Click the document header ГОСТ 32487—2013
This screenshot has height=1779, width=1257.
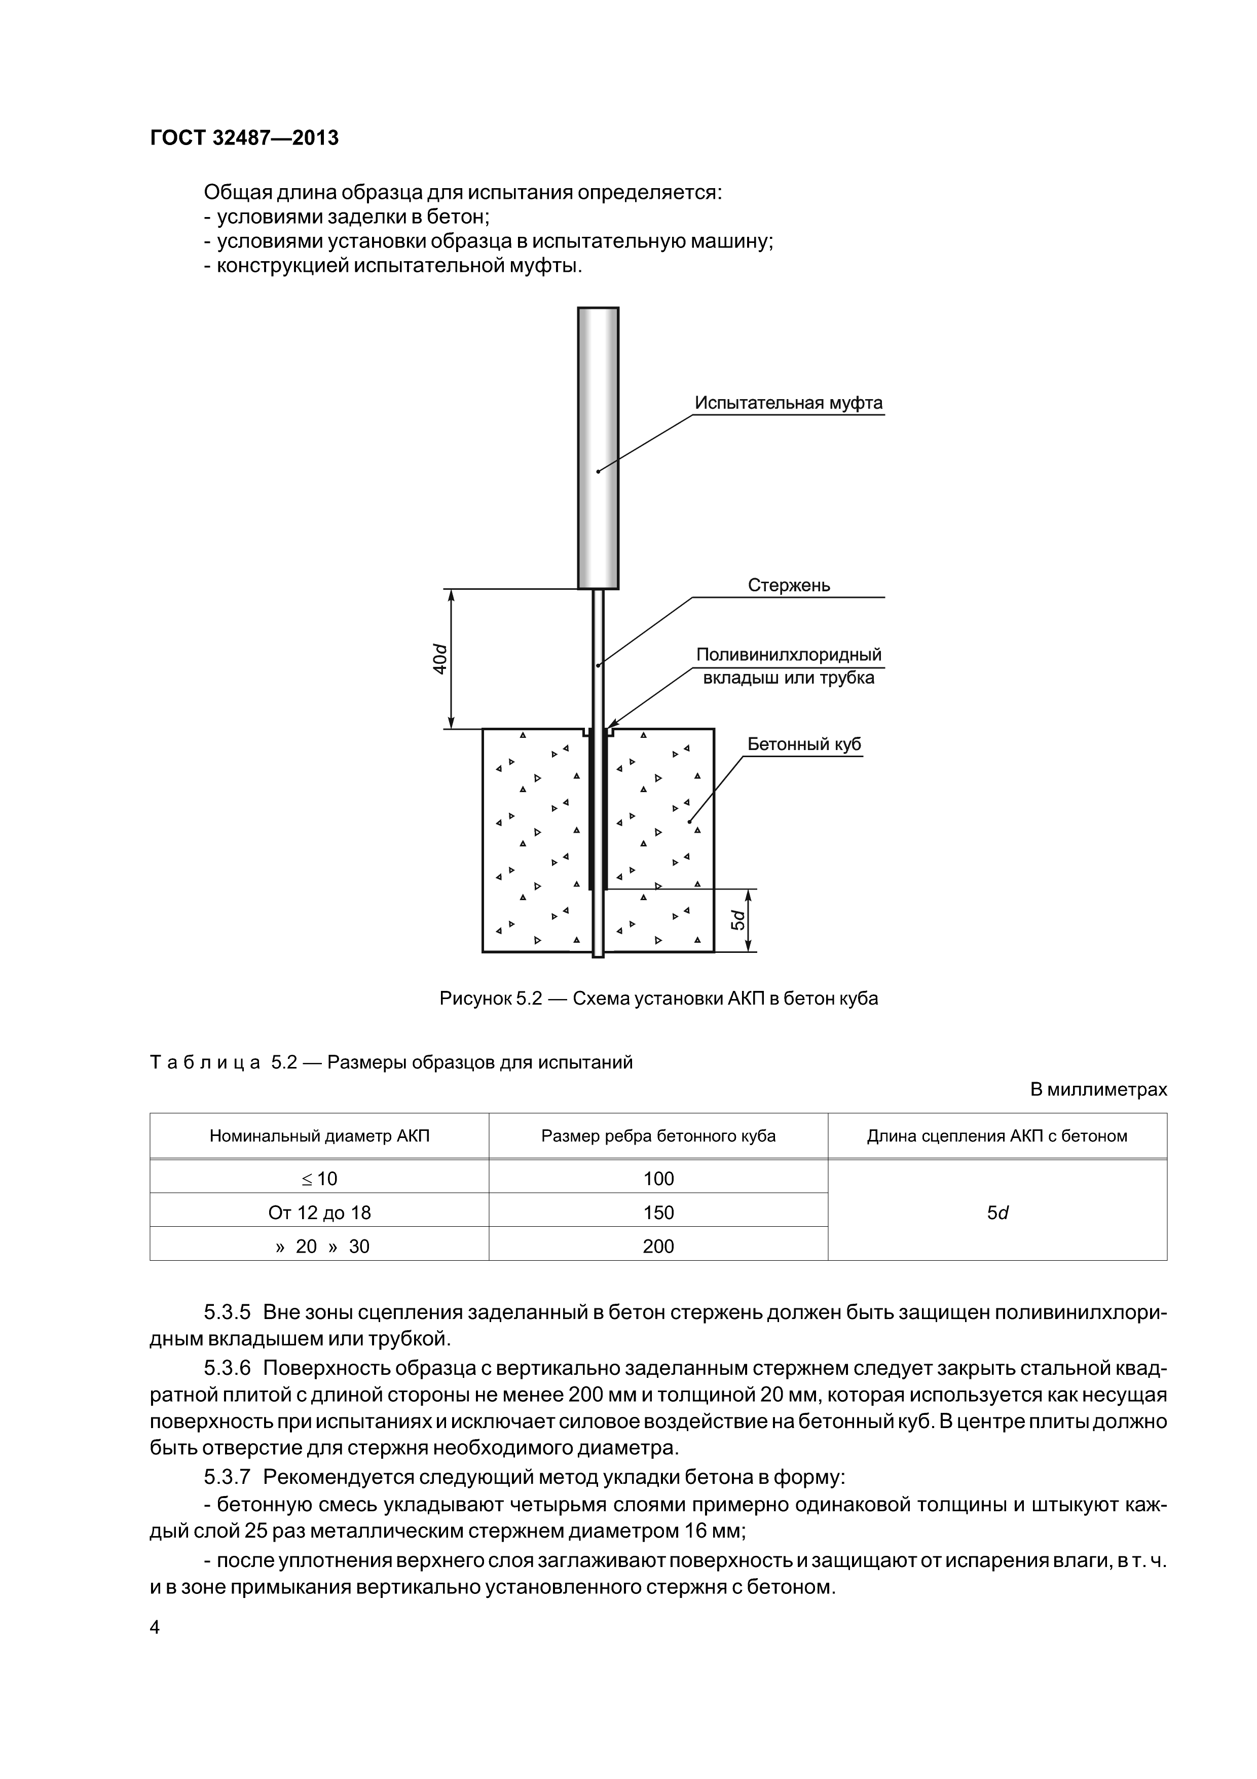click(244, 138)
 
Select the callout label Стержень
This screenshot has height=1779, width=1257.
click(789, 585)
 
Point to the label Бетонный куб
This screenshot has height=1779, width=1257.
click(804, 744)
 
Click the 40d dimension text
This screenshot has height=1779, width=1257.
click(440, 659)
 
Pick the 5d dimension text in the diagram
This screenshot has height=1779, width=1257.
click(739, 920)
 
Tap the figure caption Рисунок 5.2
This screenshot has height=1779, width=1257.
click(658, 999)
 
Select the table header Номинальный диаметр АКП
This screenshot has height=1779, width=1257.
click(319, 1136)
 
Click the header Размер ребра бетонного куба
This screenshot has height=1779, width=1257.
click(658, 1136)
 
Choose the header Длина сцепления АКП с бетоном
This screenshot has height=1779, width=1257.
click(997, 1136)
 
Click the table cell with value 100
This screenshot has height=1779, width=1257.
click(658, 1179)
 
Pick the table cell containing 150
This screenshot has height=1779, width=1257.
click(658, 1213)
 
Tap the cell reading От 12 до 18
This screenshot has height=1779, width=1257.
click(319, 1213)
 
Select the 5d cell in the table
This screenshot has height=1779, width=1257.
click(997, 1213)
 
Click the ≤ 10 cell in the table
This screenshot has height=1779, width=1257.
click(319, 1179)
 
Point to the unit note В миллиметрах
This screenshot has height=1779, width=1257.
click(1097, 1089)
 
